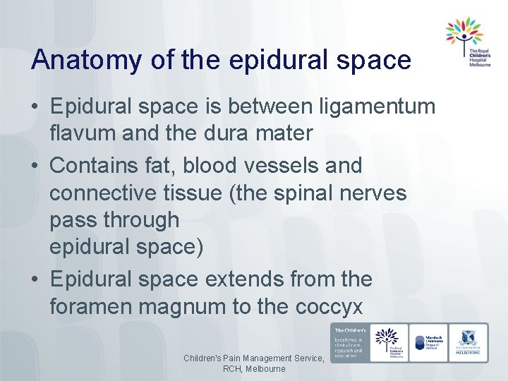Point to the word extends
[244, 279]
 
